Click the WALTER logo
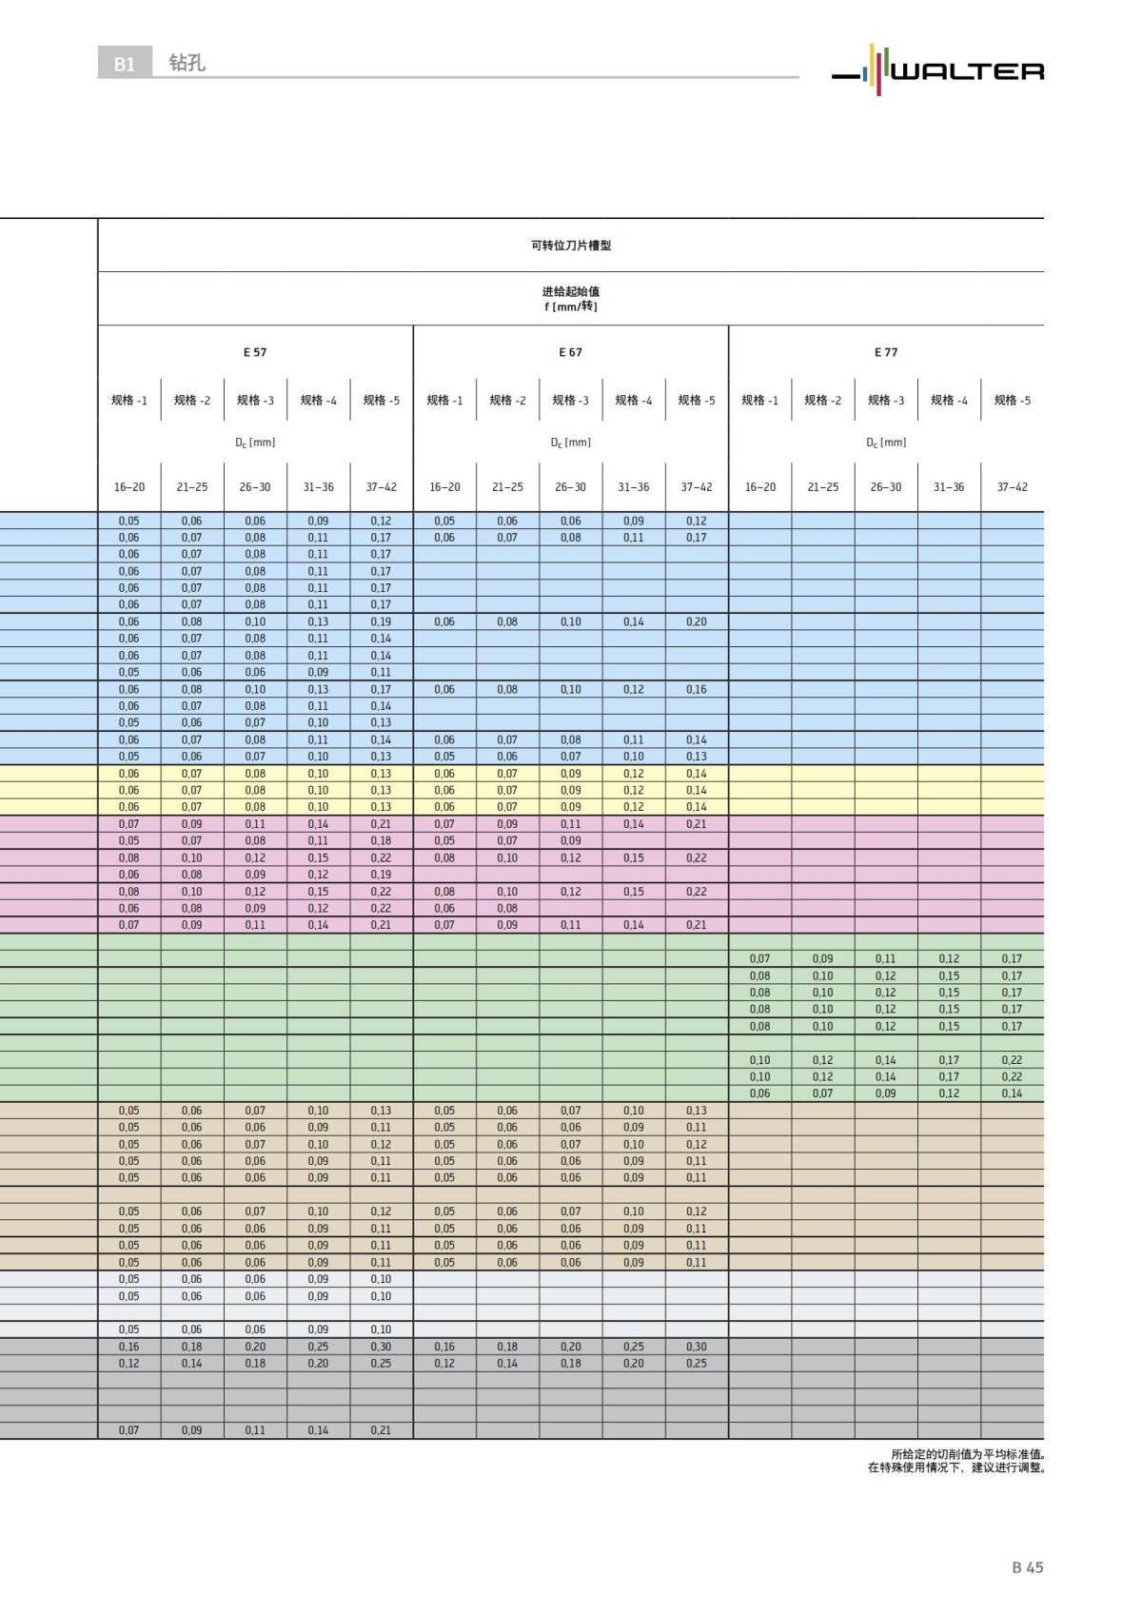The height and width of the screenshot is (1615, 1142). pyautogui.click(x=937, y=69)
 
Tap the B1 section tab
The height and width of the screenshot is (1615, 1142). pyautogui.click(x=125, y=64)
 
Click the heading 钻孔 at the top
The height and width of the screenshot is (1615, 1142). pyautogui.click(x=187, y=63)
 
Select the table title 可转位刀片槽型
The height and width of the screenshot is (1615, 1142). pyautogui.click(x=571, y=246)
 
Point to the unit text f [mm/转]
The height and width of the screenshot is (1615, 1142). pyautogui.click(x=571, y=306)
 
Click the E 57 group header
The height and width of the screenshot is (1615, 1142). pyautogui.click(x=255, y=352)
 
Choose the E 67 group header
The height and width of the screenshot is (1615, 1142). pyautogui.click(x=571, y=352)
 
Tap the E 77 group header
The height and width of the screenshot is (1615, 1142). pyautogui.click(x=886, y=352)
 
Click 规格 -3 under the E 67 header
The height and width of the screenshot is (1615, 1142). pyautogui.click(x=571, y=401)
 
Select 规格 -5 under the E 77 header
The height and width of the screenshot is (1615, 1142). pyautogui.click(x=1012, y=401)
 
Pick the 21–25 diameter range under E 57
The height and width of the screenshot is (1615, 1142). pyautogui.click(x=192, y=487)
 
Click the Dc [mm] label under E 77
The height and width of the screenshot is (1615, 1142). pyautogui.click(x=886, y=443)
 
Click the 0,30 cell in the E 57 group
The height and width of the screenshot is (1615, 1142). pyautogui.click(x=381, y=1347)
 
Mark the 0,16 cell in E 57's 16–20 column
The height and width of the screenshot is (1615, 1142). pyautogui.click(x=128, y=1347)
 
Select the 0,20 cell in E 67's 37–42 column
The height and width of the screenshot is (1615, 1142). pyautogui.click(x=697, y=621)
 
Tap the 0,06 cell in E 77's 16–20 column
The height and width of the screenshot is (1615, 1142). pyautogui.click(x=759, y=1093)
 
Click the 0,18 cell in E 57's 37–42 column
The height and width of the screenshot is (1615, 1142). pyautogui.click(x=381, y=840)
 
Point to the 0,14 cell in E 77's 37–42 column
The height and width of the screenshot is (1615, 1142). pyautogui.click(x=1012, y=1093)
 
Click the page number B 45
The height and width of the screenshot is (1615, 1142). pyautogui.click(x=1027, y=1567)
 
